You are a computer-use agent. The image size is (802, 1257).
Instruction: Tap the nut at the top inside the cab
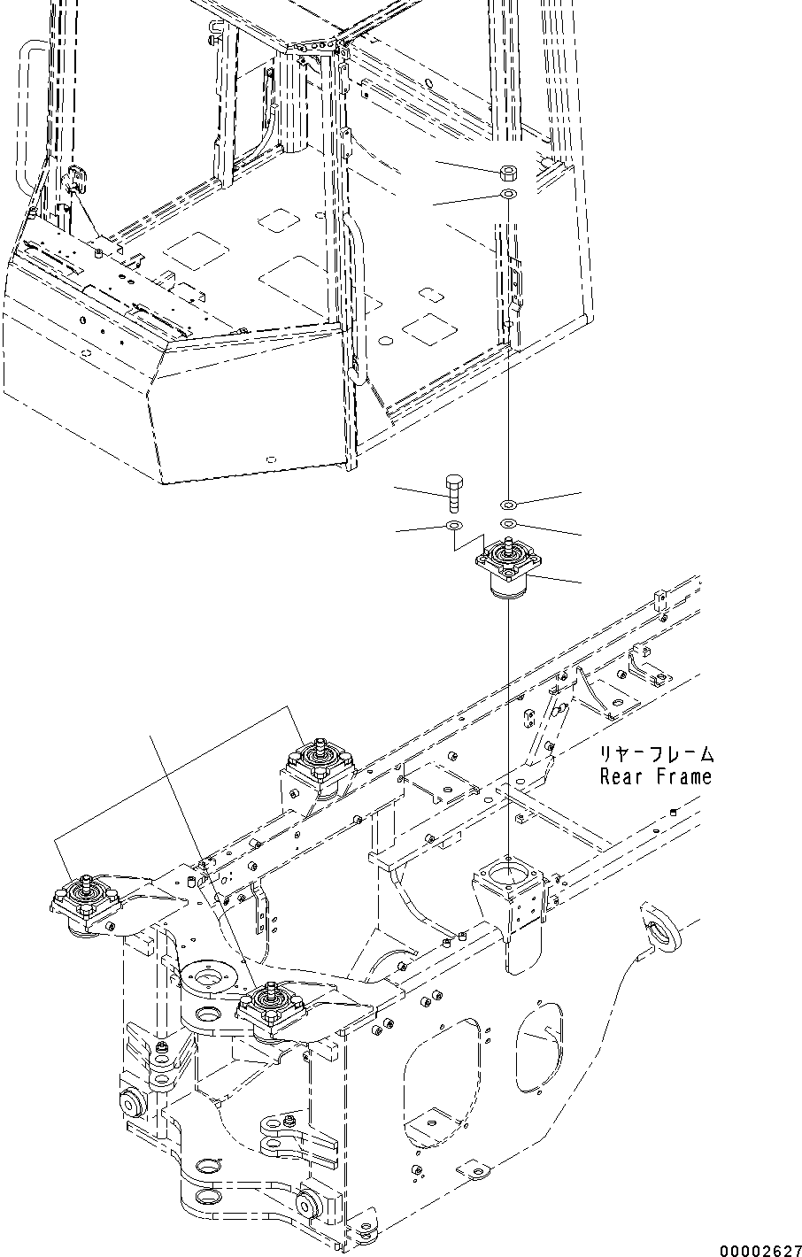tap(509, 170)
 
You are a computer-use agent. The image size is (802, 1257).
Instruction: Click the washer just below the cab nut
tap(509, 193)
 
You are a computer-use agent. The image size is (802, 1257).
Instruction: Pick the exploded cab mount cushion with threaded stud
tap(508, 572)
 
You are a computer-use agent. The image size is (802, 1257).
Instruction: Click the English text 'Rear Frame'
tap(655, 777)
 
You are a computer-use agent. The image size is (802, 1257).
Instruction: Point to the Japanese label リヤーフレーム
tap(656, 754)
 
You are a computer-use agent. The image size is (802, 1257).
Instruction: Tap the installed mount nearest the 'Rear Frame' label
tap(319, 763)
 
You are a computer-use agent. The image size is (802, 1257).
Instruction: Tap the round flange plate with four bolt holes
tap(208, 979)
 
